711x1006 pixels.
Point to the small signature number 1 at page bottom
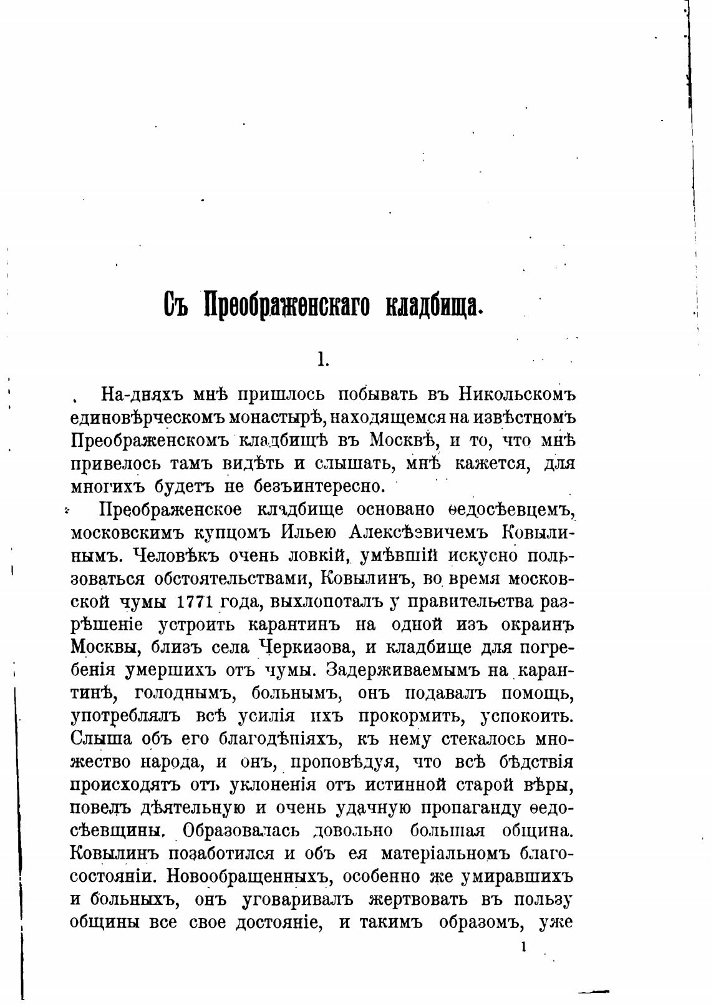523,947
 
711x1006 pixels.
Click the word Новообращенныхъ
247,877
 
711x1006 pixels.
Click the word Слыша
101,740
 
